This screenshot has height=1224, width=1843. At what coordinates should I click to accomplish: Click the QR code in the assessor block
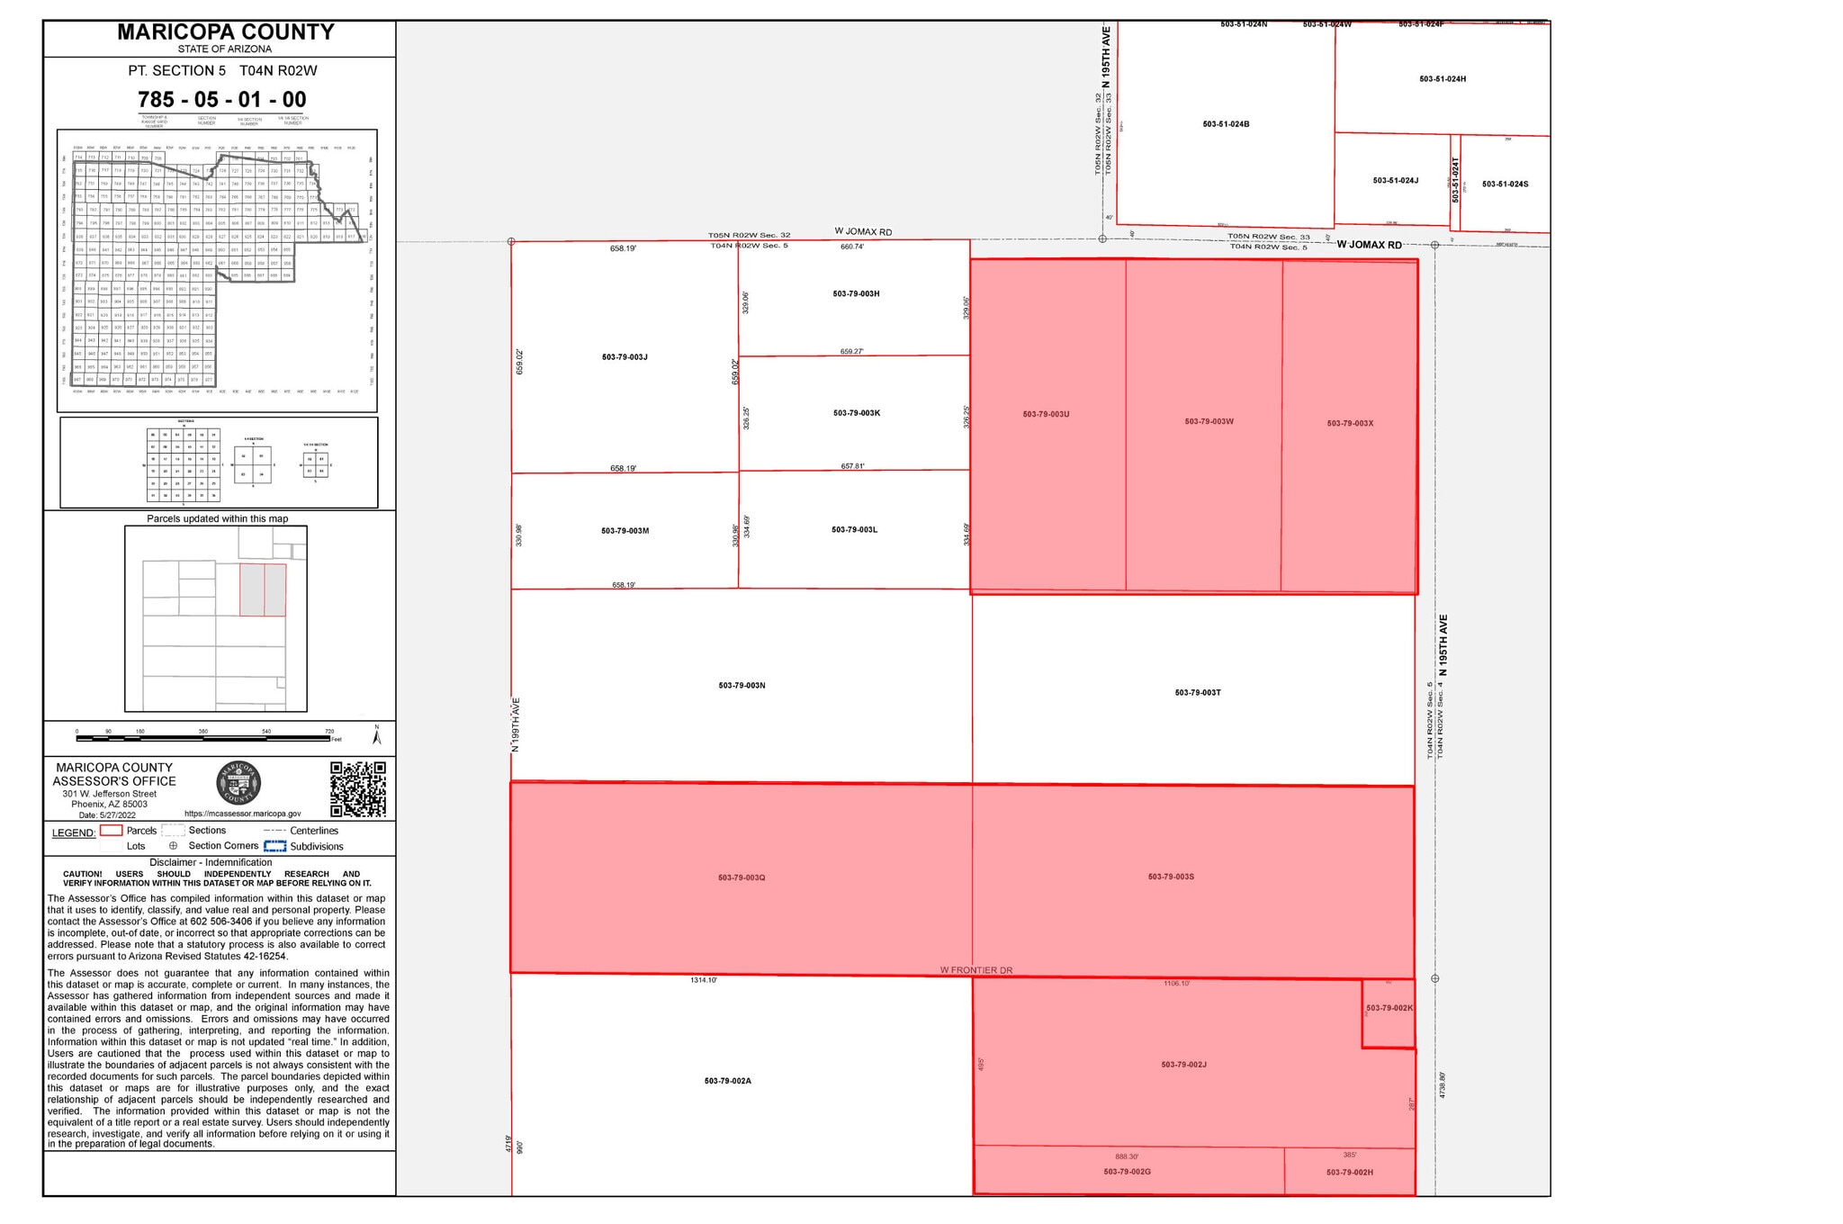coord(358,788)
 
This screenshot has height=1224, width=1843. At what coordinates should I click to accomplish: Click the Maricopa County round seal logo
coord(238,784)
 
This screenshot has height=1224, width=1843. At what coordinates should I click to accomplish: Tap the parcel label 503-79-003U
coord(1046,414)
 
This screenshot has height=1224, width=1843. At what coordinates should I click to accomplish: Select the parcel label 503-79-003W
coord(1209,421)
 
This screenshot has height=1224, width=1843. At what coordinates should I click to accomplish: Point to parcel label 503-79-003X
coord(1350,423)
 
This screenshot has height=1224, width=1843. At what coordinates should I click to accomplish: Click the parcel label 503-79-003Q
coord(742,877)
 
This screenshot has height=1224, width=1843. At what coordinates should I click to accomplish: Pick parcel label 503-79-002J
coord(1183,1065)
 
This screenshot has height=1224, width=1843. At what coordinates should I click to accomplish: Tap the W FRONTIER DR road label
coord(976,970)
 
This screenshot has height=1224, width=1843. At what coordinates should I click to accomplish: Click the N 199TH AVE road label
coord(517,724)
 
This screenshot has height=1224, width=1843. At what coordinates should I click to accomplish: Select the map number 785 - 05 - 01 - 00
coord(221,99)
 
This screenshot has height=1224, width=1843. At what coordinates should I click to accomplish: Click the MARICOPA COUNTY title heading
coord(226,32)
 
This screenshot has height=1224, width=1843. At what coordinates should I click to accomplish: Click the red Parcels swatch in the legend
coord(111,831)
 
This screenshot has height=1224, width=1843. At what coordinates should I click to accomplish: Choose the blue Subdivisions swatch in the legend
coord(274,846)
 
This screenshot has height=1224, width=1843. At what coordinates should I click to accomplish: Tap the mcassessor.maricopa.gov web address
coord(242,813)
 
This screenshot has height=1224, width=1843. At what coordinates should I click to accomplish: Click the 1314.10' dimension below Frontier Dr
coord(703,980)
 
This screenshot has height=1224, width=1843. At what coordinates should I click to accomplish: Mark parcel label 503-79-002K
coord(1389,1008)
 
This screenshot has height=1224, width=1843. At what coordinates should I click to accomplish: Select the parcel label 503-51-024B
coord(1226,124)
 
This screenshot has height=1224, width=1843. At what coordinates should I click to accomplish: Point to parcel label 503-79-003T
coord(1198,692)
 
